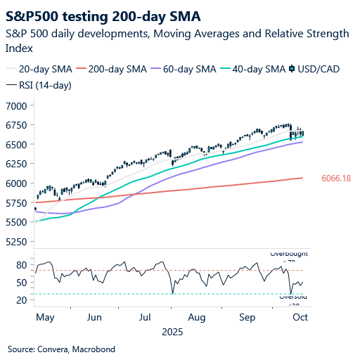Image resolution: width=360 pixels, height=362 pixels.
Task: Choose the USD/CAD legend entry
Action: (317, 69)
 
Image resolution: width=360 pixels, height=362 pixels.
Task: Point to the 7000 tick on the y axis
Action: (15, 105)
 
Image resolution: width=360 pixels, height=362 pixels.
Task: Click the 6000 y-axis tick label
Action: (15, 183)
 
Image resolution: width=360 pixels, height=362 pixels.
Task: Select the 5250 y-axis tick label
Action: (15, 242)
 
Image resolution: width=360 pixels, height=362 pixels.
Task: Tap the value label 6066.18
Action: (335, 179)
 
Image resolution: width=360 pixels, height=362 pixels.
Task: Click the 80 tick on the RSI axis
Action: (20, 265)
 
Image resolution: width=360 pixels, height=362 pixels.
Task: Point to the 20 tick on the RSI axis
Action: (20, 300)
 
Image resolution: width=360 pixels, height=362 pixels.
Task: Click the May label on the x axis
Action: (45, 317)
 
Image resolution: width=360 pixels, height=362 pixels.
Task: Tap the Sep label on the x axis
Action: (247, 317)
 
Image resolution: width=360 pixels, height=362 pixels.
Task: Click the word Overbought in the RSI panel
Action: (289, 253)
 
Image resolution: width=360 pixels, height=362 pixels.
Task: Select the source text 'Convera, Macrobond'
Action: (77, 349)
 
